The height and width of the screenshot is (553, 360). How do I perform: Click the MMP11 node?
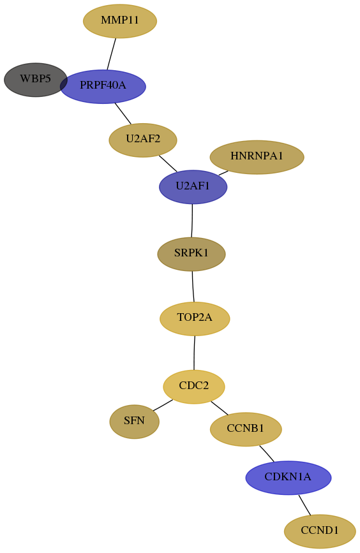click(x=120, y=21)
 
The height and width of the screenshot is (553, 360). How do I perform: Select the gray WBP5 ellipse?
click(x=35, y=80)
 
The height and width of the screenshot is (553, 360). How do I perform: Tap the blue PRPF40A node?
click(x=103, y=86)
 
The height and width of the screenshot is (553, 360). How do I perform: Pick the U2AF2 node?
click(x=143, y=140)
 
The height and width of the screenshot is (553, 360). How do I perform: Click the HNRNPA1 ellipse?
click(x=257, y=157)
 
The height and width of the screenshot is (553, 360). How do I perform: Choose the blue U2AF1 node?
click(x=193, y=187)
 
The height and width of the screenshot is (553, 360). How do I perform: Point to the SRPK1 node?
click(x=191, y=254)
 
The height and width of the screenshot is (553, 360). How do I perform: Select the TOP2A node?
click(x=195, y=319)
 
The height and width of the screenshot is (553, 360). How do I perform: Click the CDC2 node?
click(x=194, y=387)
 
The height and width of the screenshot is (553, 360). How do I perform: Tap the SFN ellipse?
click(x=135, y=422)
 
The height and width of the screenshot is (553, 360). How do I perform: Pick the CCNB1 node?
click(x=246, y=429)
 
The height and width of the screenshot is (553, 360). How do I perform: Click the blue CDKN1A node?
click(x=289, y=478)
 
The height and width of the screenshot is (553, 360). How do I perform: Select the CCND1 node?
click(x=320, y=531)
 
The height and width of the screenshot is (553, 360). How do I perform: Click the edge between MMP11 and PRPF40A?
click(x=112, y=54)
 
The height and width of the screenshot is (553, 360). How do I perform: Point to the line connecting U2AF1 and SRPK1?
click(x=192, y=221)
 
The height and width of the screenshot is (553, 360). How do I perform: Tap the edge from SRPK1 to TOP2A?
click(x=193, y=286)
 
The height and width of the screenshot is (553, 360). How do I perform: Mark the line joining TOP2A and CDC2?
click(x=194, y=353)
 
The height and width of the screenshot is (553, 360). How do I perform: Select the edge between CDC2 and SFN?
click(x=163, y=405)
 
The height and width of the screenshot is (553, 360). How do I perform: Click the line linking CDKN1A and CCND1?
click(x=304, y=505)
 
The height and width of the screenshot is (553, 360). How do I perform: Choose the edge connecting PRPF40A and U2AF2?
click(x=123, y=114)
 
